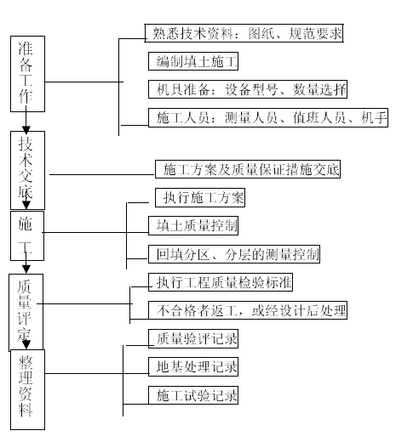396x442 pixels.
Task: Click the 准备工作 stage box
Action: [27, 74]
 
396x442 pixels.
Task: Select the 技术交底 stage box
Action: [27, 170]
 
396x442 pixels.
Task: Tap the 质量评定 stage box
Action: [26, 312]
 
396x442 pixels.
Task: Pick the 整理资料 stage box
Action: [27, 389]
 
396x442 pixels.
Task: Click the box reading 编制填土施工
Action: [193, 61]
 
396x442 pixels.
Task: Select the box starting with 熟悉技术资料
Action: [244, 33]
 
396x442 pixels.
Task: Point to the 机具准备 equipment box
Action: [248, 89]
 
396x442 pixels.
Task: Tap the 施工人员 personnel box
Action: [268, 117]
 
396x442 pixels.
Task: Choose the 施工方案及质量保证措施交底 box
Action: [248, 169]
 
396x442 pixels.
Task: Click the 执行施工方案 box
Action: [200, 197]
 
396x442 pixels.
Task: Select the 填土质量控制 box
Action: [193, 225]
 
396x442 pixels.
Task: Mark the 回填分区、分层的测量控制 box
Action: [234, 254]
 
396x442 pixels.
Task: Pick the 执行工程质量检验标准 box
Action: [221, 282]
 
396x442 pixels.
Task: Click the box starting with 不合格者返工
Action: [248, 310]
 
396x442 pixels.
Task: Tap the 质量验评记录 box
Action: [193, 338]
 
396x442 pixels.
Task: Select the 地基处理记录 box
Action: [193, 367]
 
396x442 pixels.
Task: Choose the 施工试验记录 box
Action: [193, 395]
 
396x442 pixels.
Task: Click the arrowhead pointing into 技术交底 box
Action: [26, 130]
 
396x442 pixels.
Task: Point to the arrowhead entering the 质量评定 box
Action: [26, 269]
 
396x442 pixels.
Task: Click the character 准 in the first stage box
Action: [26, 48]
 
